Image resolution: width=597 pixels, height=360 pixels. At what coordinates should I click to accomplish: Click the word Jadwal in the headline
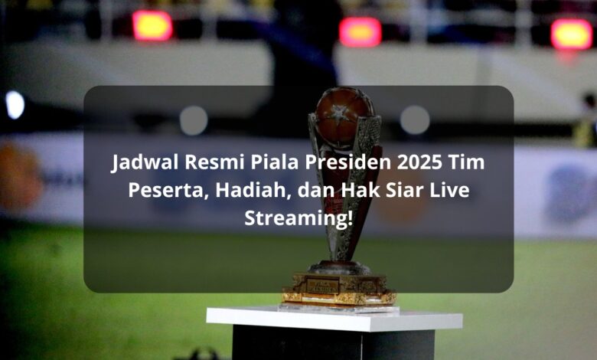pos(145,162)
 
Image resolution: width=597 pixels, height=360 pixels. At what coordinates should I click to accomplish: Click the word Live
pos(449,190)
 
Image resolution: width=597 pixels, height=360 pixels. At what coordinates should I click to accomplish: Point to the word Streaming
pos(298,218)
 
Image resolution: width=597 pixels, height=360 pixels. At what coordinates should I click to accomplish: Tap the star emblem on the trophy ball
pos(340,113)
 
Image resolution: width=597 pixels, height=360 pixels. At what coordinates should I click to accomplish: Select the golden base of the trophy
pos(339,289)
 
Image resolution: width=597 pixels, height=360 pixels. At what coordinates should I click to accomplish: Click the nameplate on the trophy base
pos(323,286)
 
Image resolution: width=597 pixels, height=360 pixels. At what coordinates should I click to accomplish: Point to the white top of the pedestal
pos(334,318)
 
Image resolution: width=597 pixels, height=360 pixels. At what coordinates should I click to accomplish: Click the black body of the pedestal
pos(334,345)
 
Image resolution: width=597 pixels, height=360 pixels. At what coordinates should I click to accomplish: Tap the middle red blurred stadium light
pos(360,32)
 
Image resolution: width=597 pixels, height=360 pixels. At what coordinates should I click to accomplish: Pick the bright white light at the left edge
pos(15,105)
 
